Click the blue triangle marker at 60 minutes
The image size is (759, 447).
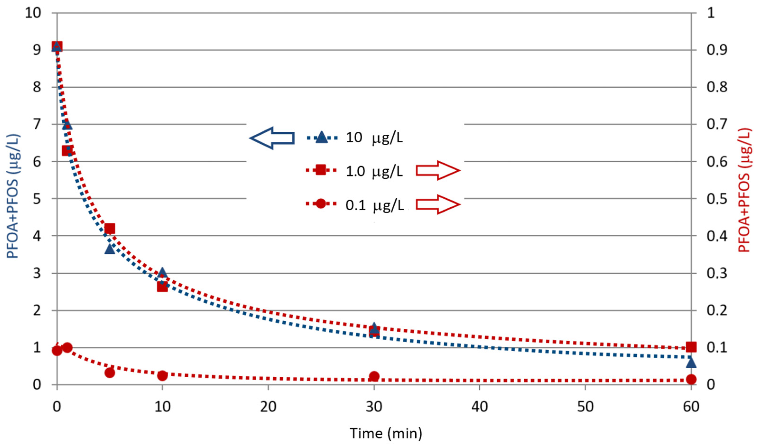click(691, 362)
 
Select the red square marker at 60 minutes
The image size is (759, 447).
click(691, 347)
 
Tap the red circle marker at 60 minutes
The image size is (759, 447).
click(691, 379)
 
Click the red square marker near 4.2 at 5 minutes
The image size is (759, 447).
click(110, 229)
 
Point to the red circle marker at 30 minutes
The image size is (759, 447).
click(374, 376)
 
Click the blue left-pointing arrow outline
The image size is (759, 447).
click(272, 138)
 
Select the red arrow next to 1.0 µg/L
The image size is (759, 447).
click(438, 170)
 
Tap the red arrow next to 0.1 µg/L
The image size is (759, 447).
click(438, 204)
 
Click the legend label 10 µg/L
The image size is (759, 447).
click(374, 138)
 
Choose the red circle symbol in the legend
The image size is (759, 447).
click(321, 204)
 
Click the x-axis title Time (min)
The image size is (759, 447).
click(386, 433)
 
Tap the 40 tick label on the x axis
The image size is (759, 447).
click(479, 407)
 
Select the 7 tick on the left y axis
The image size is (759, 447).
click(37, 124)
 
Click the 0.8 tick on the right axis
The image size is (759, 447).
click(717, 87)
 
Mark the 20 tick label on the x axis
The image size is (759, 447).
click(268, 407)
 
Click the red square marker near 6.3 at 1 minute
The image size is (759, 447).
click(67, 151)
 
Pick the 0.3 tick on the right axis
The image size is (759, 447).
click(717, 274)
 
